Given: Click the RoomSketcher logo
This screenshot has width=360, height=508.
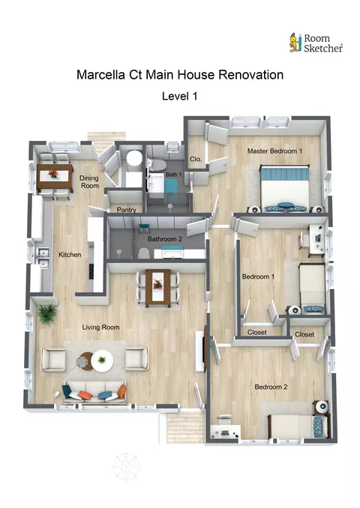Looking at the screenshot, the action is [316, 43].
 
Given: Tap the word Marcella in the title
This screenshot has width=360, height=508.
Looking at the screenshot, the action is [100, 75].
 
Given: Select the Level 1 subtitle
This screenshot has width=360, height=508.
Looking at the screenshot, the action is [180, 96].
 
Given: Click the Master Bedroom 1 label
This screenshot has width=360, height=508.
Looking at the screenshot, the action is [274, 151].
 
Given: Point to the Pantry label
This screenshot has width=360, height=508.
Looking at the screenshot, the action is [126, 210].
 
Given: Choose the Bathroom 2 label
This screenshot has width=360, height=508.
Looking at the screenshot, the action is [165, 239].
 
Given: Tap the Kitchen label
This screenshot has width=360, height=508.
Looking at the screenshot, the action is [70, 255].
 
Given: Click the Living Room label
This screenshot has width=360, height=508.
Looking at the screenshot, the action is [100, 327].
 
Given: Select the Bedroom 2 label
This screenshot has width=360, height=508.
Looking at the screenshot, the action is [271, 387].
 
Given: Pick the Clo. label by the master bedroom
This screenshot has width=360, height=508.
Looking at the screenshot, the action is [196, 159].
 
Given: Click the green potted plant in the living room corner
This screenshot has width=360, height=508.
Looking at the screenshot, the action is [47, 313].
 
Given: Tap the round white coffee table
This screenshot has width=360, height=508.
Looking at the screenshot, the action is [102, 360].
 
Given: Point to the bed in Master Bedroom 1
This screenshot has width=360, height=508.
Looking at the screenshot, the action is [284, 188].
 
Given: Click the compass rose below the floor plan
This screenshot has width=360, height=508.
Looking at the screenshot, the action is [126, 467].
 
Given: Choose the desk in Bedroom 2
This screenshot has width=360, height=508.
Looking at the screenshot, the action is [226, 432].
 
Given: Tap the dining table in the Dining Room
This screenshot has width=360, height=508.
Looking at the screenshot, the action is [55, 178].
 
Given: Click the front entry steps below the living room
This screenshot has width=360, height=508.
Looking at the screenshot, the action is [185, 427].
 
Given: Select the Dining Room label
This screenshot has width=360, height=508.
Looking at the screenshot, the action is [89, 182].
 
